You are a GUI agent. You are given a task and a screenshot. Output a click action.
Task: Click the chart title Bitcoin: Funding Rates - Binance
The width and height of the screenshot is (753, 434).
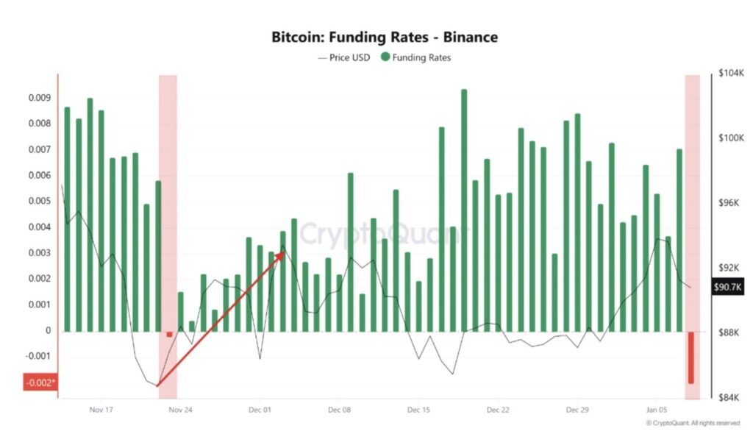pyautogui.click(x=385, y=36)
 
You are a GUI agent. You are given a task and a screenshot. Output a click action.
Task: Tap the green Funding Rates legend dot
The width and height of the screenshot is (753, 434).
pyautogui.click(x=385, y=57)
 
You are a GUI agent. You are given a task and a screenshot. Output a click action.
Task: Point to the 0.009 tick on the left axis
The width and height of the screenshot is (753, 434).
pyautogui.click(x=40, y=97)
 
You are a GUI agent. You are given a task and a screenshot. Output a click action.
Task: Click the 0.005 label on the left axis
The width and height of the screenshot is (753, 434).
pyautogui.click(x=40, y=201)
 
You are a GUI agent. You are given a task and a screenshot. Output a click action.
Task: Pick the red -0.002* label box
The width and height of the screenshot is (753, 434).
pyautogui.click(x=40, y=383)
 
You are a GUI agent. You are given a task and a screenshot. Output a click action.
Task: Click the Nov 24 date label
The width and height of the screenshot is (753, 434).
pyautogui.click(x=180, y=410)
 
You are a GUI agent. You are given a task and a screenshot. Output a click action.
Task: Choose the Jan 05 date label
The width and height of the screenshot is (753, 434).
pyautogui.click(x=657, y=410)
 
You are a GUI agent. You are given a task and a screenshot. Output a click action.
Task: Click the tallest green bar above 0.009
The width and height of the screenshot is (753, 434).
pyautogui.click(x=464, y=210)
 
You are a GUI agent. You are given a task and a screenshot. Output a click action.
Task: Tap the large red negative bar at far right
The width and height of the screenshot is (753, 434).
pyautogui.click(x=691, y=357)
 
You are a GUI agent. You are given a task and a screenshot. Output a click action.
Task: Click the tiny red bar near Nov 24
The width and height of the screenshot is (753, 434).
pyautogui.click(x=170, y=334)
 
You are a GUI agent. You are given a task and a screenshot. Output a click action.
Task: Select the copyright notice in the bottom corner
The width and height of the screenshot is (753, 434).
pyautogui.click(x=693, y=423)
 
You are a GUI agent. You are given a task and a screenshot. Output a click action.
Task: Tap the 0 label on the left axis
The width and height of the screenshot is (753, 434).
pyautogui.click(x=49, y=330)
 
